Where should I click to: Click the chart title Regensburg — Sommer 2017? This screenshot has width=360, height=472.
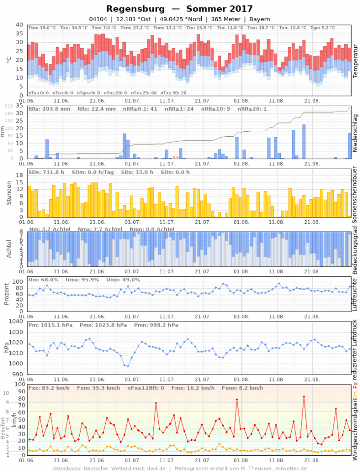click(180, 9)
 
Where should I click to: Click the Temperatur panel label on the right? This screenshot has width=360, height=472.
click(355, 60)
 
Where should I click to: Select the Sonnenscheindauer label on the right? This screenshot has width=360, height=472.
click(355, 195)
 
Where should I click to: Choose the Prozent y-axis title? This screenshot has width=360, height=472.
click(7, 293)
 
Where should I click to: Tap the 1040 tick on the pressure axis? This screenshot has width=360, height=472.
click(15, 322)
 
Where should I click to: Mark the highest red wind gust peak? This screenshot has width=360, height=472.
click(304, 397)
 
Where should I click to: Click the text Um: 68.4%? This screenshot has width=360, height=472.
click(44, 279)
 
